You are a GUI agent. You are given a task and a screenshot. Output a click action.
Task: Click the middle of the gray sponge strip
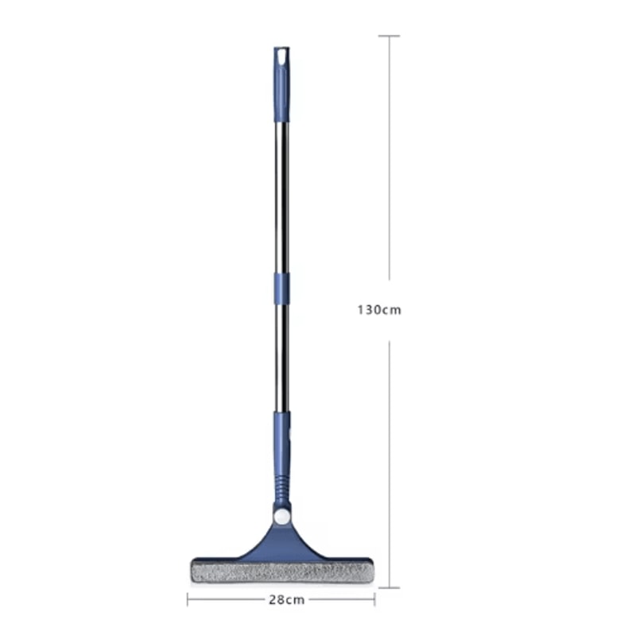[281, 572]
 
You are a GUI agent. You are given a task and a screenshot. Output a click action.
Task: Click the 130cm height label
[378, 310]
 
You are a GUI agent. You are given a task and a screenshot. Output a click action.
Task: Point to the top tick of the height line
[388, 36]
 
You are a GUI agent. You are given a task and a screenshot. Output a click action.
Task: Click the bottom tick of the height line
[388, 588]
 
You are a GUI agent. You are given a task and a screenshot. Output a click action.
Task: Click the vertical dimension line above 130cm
[388, 159]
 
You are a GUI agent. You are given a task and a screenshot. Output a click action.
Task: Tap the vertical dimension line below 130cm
[388, 461]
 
